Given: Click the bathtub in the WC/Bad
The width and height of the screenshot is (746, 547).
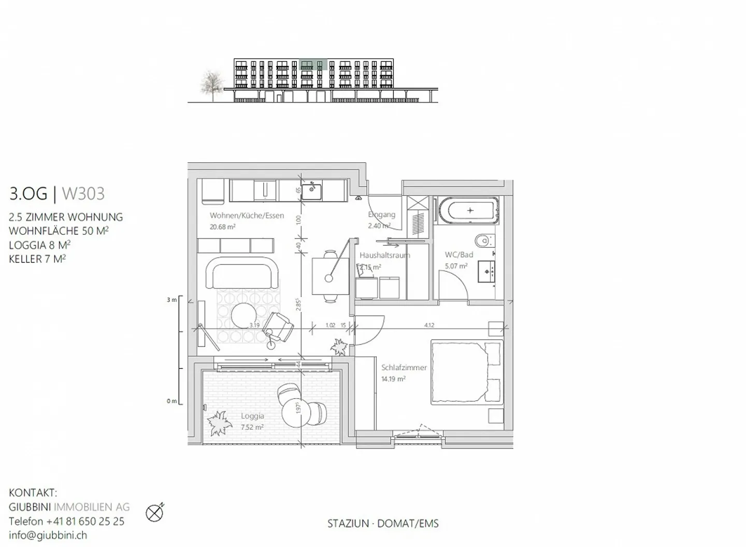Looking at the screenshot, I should tap(469, 211).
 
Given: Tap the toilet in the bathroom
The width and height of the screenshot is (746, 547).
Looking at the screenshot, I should tap(483, 241).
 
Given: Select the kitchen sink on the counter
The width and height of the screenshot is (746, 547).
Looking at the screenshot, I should tap(311, 192).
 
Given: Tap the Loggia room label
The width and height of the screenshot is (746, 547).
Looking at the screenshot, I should tap(252, 416).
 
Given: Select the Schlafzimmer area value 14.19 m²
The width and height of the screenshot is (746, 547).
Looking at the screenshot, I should tap(393, 379).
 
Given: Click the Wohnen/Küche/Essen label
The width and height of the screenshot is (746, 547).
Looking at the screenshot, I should tap(247, 215).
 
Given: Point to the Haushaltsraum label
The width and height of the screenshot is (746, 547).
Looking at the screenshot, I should tap(384, 255).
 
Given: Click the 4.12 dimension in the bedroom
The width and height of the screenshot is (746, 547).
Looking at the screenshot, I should tap(429, 325).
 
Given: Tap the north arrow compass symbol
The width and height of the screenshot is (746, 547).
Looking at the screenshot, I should tap(154, 513).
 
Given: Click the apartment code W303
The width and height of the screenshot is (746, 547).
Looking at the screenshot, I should tap(83, 193).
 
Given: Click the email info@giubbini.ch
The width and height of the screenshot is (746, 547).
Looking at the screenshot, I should tap(48, 536).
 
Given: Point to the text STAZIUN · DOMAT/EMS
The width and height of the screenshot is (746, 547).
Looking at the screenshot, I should tap(383, 524).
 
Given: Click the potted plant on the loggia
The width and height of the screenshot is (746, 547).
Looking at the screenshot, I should tap(218, 423).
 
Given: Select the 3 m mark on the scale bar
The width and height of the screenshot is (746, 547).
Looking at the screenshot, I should tap(172, 300).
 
